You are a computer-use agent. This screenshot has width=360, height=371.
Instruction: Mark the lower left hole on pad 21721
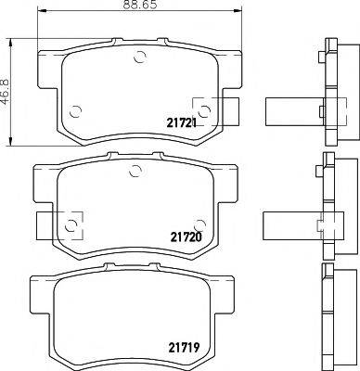tap(74, 109)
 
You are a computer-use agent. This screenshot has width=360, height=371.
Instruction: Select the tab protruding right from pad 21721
tap(225, 107)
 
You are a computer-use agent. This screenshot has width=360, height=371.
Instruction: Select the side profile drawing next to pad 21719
tap(327, 315)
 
